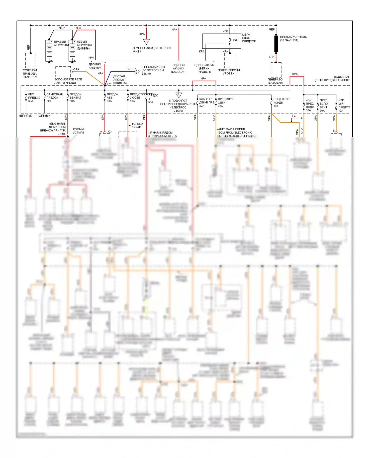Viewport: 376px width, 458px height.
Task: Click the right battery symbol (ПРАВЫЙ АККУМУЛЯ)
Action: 49,51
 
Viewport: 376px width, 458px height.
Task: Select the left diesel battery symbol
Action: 72,51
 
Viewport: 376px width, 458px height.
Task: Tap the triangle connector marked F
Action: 146,42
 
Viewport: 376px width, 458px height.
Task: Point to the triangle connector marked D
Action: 137,71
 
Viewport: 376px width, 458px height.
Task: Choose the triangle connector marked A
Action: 178,95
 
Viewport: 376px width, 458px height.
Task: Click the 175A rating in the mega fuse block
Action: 234,40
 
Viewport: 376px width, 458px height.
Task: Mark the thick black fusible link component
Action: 276,44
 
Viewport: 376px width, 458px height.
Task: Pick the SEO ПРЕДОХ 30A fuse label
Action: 34,98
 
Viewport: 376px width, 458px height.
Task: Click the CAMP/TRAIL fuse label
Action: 55,98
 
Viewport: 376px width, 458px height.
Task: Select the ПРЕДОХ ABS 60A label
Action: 112,98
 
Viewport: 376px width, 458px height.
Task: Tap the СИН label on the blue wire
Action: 129,69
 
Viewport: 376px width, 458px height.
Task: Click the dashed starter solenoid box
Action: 31,60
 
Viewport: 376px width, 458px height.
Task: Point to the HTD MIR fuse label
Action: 344,105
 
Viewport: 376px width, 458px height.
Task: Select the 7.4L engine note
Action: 294,116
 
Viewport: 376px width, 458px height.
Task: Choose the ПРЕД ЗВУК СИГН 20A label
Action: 225,102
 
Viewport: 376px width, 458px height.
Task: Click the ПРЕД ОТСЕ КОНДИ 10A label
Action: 281,102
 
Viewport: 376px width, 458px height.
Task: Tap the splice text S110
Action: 62,134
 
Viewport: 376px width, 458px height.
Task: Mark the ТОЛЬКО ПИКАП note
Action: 137,125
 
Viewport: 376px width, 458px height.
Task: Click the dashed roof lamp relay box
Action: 63,72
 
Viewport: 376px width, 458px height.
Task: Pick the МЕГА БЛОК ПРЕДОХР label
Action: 249,38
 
